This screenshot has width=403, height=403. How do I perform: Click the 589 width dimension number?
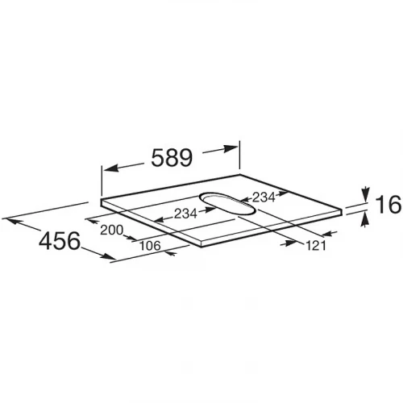coord(172,158)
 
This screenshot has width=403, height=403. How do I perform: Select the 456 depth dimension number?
coord(60,240)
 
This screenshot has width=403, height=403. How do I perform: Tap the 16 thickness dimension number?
coord(388,205)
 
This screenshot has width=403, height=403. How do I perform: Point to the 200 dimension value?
coord(112,230)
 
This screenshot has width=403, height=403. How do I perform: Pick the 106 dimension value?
coord(150,245)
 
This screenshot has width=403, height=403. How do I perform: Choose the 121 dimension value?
coord(316,246)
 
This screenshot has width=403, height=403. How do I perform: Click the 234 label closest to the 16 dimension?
coord(264,197)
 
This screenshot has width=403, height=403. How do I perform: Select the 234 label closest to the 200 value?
coord(185,214)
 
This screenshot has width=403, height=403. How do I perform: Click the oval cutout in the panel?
coord(227,203)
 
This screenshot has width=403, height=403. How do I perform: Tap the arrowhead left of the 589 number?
coord(111,168)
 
